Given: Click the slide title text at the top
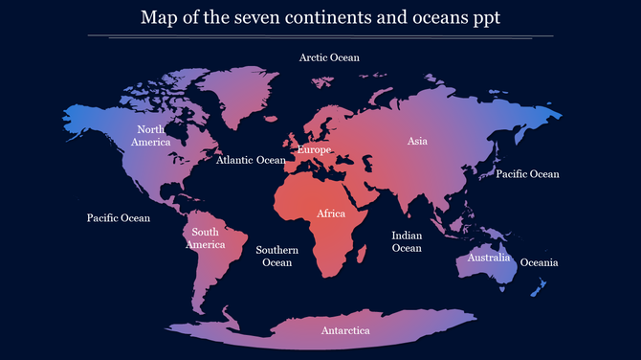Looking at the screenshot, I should pyautogui.click(x=320, y=18).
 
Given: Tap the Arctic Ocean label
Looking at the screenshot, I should pyautogui.click(x=329, y=57).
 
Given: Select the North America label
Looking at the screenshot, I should pyautogui.click(x=151, y=135).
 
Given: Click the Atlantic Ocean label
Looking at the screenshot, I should pyautogui.click(x=251, y=161).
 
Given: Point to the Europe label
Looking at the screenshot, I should pyautogui.click(x=314, y=150).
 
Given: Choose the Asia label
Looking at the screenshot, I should pyautogui.click(x=417, y=141).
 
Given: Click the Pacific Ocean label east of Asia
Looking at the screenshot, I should pyautogui.click(x=527, y=174).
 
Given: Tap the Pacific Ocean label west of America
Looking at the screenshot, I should pyautogui.click(x=119, y=218).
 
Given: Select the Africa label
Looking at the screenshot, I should pyautogui.click(x=331, y=214).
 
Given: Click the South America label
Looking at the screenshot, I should pyautogui.click(x=205, y=238).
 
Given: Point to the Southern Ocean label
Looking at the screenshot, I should pyautogui.click(x=277, y=256).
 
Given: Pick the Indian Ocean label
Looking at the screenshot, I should pyautogui.click(x=407, y=241).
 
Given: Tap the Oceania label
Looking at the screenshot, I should pyautogui.click(x=539, y=262).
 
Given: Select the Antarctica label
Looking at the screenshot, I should pyautogui.click(x=345, y=330).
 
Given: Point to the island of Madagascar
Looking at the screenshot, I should pyautogui.click(x=365, y=252).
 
